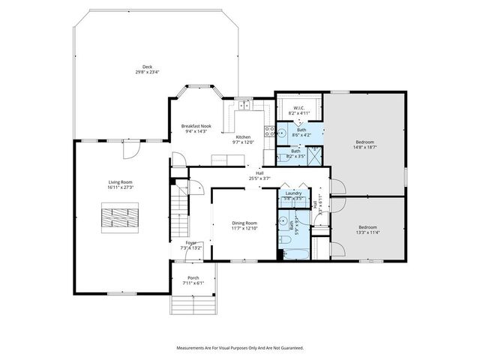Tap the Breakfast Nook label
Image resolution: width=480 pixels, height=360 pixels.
(x=196, y=126)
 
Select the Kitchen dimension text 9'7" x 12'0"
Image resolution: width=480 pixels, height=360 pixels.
(x=244, y=142)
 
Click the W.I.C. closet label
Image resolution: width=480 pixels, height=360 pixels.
(x=296, y=108)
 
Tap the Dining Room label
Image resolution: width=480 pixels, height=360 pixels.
(x=244, y=223)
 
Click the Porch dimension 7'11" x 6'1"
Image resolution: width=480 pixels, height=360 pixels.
(x=193, y=282)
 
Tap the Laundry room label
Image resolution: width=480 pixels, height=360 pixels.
(x=293, y=193)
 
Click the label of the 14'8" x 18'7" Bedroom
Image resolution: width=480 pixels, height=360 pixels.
(x=364, y=142)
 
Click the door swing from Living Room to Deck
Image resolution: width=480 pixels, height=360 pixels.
(x=130, y=150)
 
